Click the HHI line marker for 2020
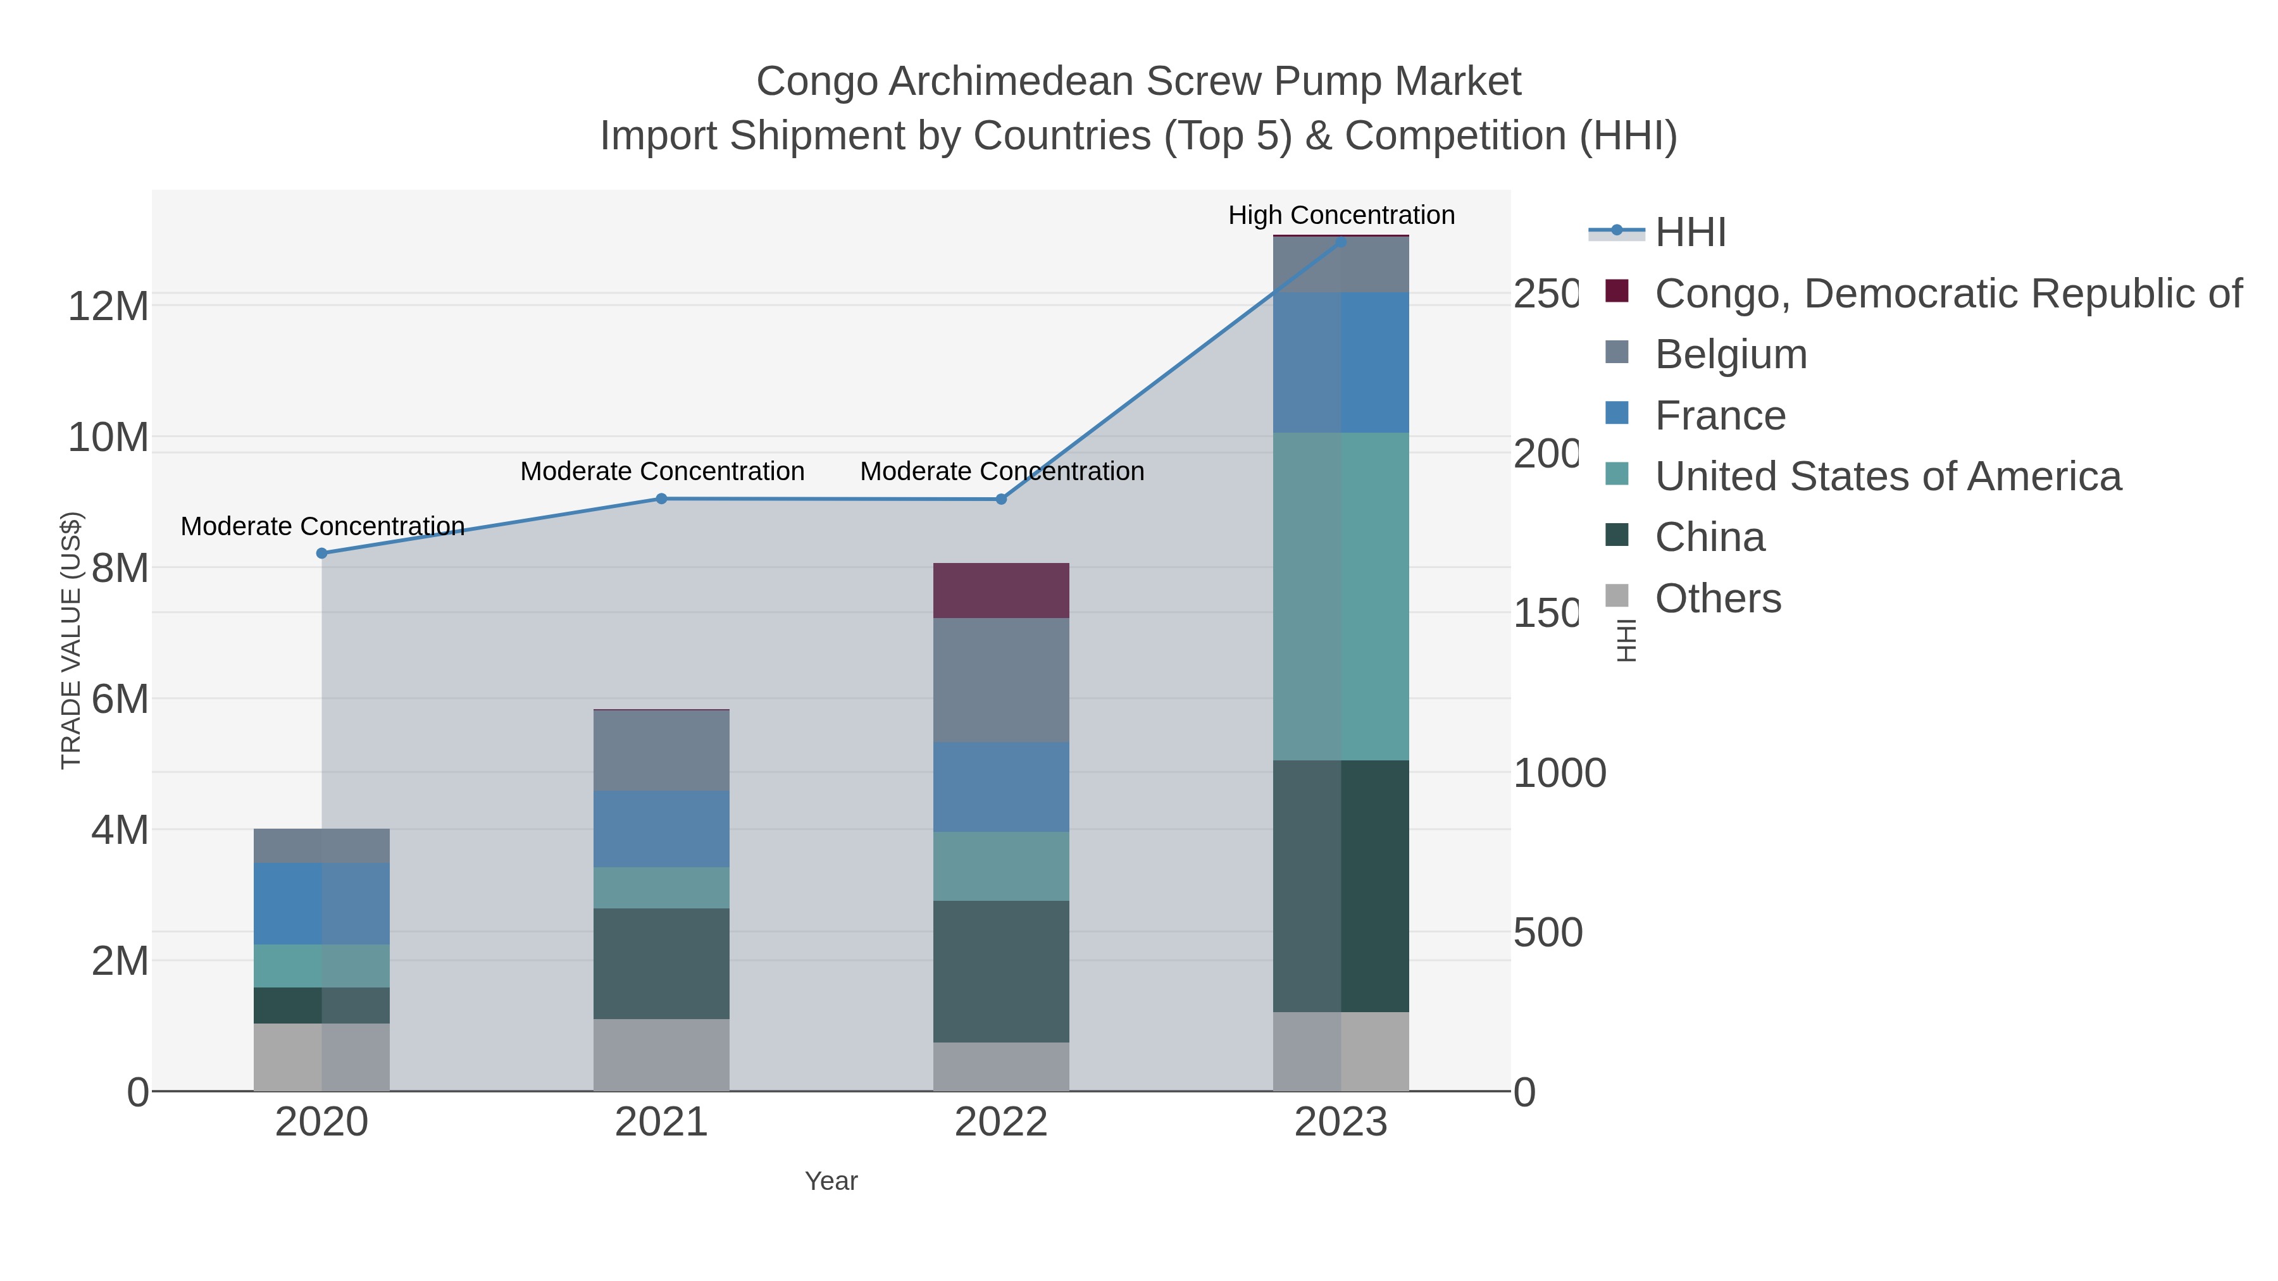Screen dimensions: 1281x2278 [x=322, y=554]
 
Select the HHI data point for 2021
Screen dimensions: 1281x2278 [x=661, y=498]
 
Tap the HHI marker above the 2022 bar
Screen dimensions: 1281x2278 [x=1001, y=500]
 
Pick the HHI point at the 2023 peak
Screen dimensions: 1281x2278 [x=1341, y=242]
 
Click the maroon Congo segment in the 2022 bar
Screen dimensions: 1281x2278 [x=1001, y=591]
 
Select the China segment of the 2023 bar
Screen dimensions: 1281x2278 [x=1341, y=886]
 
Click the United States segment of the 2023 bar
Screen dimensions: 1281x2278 [x=1341, y=597]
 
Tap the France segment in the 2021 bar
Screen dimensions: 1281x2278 [x=661, y=828]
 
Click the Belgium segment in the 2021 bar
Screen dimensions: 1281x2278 [x=661, y=750]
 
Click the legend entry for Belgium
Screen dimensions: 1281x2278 [x=1731, y=354]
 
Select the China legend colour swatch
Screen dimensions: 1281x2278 [x=1617, y=535]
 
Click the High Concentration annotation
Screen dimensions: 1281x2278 [x=1341, y=215]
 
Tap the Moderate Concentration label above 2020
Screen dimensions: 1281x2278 [x=322, y=526]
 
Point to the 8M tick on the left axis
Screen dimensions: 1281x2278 [x=120, y=569]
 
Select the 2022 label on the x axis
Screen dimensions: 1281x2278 [x=1001, y=1123]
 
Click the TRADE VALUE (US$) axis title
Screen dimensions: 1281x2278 [x=71, y=640]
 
